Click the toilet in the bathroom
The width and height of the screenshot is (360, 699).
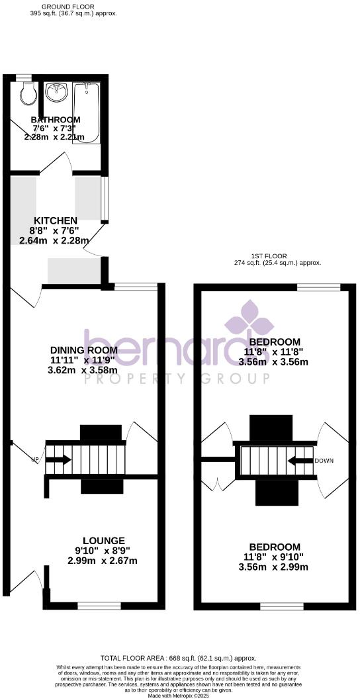pos(28,95)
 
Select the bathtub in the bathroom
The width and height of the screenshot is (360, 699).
pos(87,113)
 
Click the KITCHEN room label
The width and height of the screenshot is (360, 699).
pos(56,220)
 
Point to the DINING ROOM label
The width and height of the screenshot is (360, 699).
pos(83,350)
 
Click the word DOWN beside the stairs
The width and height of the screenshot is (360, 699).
pos(324,461)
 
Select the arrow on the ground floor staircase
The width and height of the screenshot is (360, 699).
pos(59,459)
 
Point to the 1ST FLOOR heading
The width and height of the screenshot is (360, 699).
pos(268,256)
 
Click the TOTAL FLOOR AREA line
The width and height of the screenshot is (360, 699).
pos(178,658)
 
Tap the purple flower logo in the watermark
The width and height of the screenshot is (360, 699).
pos(249,320)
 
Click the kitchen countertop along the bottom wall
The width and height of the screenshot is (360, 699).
pos(73,269)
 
